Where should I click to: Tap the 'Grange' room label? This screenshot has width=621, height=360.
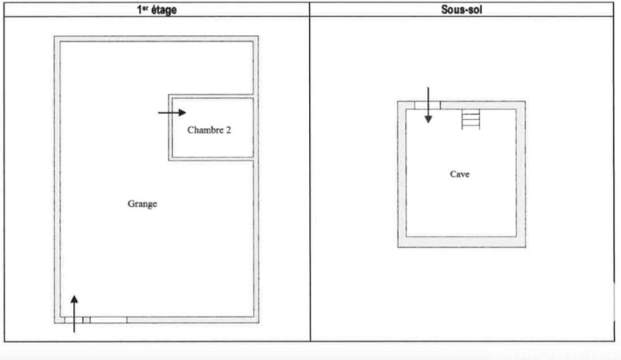click(x=142, y=204)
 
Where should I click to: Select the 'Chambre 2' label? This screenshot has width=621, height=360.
click(x=209, y=130)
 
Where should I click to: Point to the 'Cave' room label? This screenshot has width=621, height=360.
click(x=460, y=174)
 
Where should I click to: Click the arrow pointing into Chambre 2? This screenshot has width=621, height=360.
click(x=172, y=112)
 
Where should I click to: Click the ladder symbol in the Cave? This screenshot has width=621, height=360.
click(x=471, y=119)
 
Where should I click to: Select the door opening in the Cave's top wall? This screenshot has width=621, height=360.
click(x=426, y=105)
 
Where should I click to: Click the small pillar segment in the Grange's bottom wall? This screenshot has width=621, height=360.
click(x=86, y=320)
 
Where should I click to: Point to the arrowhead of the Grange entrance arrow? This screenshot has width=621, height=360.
click(x=75, y=299)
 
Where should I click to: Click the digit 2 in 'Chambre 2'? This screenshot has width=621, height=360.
click(x=228, y=130)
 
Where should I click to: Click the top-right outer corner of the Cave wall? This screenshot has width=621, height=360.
click(x=526, y=102)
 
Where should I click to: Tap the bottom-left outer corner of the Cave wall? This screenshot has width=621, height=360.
click(x=398, y=247)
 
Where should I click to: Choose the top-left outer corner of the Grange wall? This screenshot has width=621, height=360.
click(x=54, y=36)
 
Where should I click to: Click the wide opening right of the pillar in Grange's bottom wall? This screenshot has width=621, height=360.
click(x=109, y=320)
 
